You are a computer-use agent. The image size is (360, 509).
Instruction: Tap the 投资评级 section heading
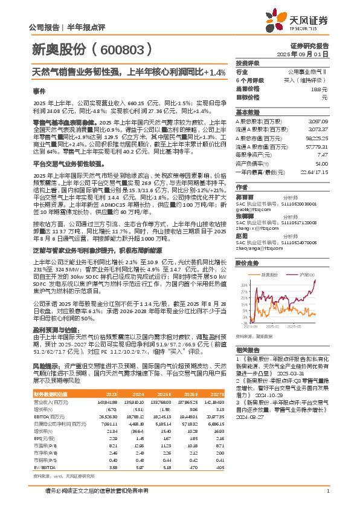click(248, 62)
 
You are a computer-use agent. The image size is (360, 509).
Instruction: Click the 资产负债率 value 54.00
click(321, 163)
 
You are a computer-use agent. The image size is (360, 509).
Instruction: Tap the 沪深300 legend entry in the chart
click(306, 274)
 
